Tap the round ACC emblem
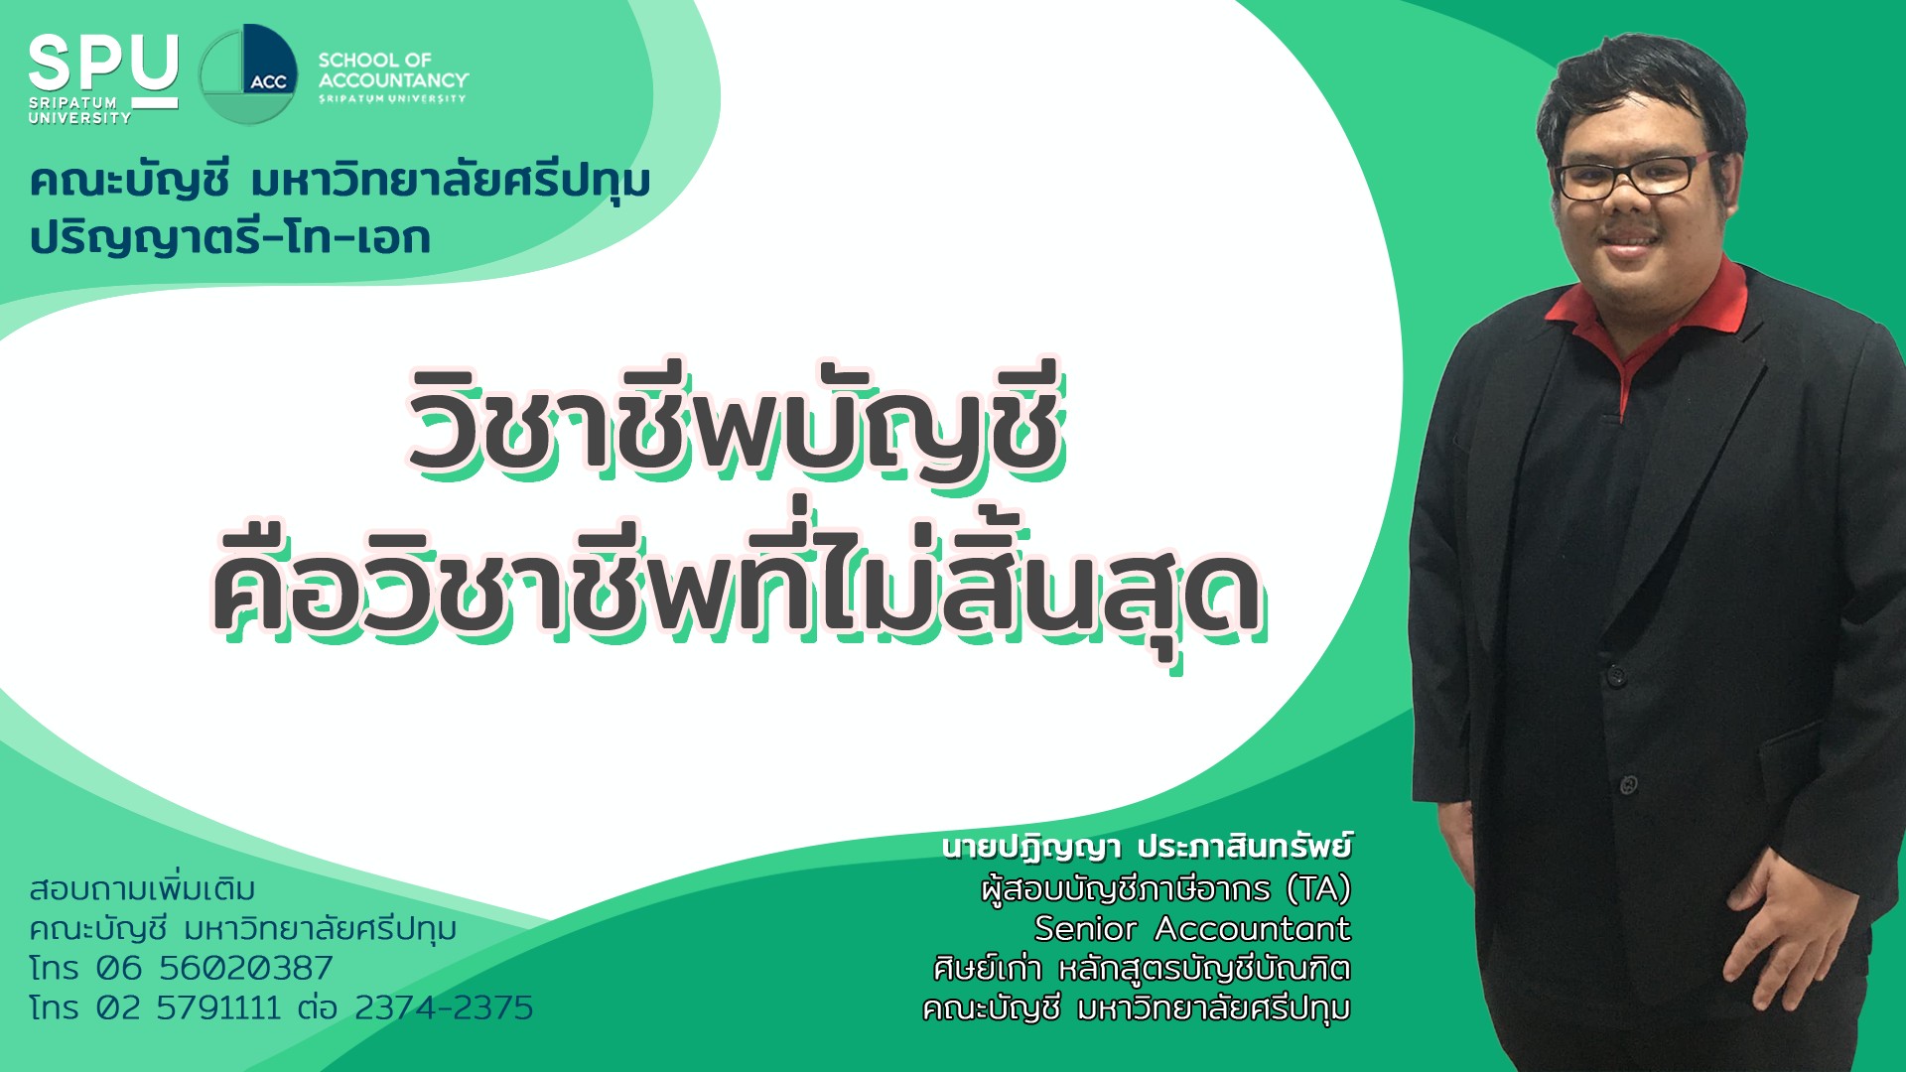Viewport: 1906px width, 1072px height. pos(248,74)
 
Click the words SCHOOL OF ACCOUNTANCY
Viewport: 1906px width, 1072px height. pos(393,70)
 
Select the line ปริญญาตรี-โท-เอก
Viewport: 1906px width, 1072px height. pos(230,238)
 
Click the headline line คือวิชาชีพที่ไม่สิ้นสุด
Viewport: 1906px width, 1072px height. pos(737,586)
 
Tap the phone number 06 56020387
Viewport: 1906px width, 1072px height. pos(214,968)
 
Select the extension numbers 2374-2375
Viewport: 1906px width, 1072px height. pos(444,1007)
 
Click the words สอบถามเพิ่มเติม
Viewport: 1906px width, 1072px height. pos(142,888)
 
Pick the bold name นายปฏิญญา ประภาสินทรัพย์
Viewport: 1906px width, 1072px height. pos(1147,848)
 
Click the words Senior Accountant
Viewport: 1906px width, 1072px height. pos(1192,928)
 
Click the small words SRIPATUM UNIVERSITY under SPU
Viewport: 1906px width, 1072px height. pos(79,110)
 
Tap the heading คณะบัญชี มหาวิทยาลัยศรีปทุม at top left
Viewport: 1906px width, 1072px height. pos(340,182)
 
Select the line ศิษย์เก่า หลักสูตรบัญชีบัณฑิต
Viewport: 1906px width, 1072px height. pos(1143,968)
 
